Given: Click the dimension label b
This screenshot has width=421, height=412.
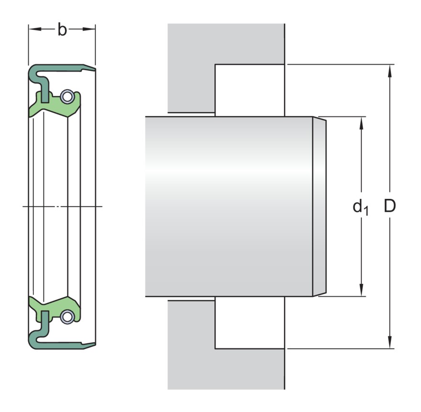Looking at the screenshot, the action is coord(62,30).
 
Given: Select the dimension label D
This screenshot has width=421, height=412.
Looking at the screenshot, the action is coord(389,206).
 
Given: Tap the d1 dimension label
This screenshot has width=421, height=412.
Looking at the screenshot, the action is coord(361,207).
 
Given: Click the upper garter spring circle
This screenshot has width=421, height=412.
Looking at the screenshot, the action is coord(66,96).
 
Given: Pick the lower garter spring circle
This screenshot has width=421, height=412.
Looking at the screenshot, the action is coord(66,317).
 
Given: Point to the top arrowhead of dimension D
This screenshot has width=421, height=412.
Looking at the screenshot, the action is coord(390,71).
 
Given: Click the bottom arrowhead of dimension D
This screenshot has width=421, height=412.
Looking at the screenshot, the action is coord(390,342).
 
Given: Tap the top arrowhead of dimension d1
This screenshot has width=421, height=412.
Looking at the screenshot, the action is coord(361,124).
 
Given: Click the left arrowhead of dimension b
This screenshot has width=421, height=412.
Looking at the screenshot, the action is coord(35,29).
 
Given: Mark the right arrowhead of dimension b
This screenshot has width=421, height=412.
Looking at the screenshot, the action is coord(89,29).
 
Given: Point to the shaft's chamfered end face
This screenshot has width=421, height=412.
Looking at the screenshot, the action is coord(320,206).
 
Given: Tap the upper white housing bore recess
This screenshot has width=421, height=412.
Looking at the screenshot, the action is coord(250,91).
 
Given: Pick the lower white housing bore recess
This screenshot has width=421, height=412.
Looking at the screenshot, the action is coord(250,322).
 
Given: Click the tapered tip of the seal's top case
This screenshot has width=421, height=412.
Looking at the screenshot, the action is coord(95,69).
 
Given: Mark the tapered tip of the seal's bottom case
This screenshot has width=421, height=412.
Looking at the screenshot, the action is coord(95,344).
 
